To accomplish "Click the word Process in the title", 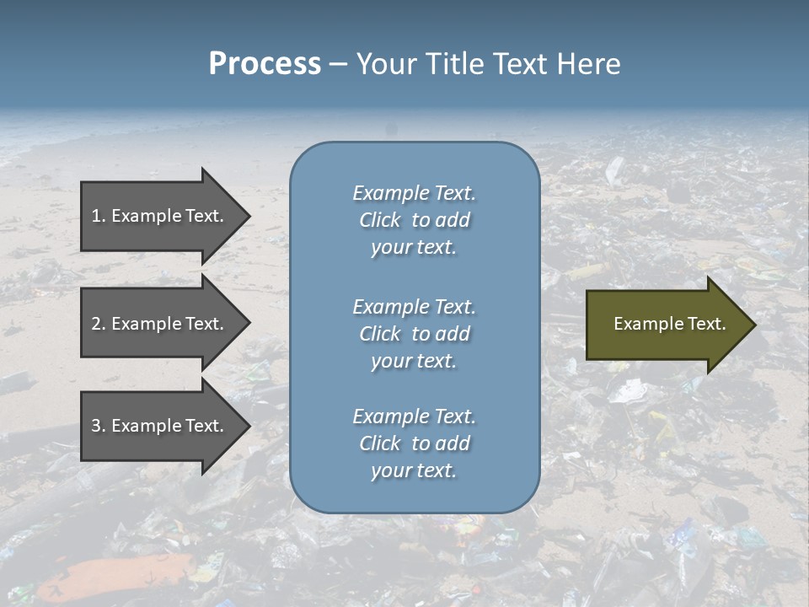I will point(265,63).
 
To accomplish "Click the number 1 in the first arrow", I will point(96,216).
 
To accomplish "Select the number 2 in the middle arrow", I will point(96,324).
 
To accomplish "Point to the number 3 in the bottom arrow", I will point(96,426).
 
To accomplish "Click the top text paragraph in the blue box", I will point(414,220).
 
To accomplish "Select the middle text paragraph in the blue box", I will point(414,334).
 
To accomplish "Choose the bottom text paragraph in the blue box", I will point(414,443).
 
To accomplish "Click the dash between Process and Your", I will point(338,64).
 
